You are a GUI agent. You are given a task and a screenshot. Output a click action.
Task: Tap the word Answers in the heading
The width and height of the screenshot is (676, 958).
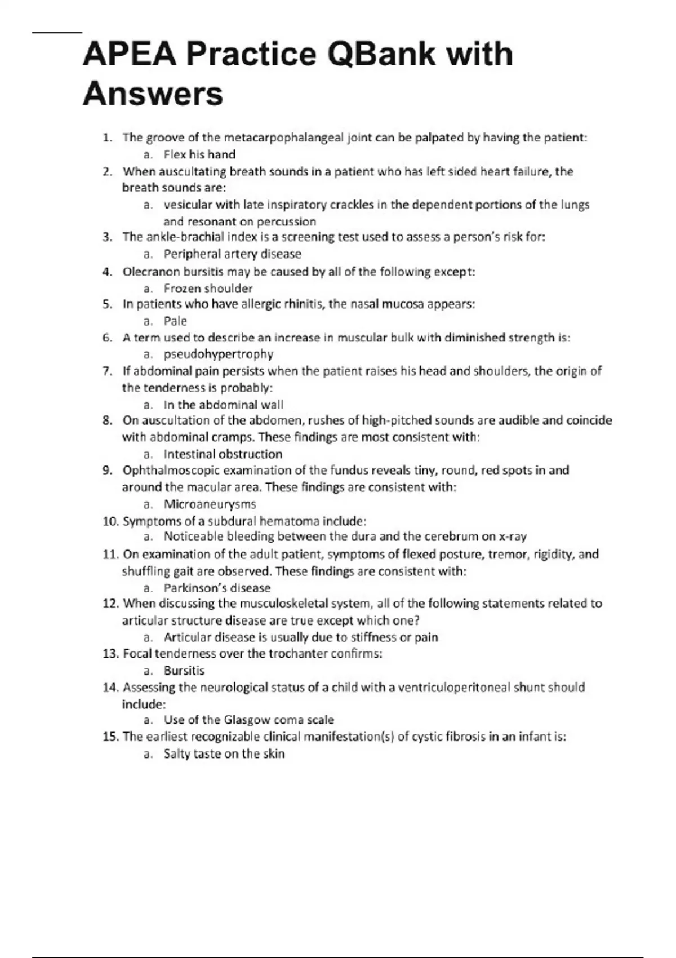[x=153, y=94]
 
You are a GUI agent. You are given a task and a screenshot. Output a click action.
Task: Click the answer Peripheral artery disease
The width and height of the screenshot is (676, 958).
[x=232, y=254]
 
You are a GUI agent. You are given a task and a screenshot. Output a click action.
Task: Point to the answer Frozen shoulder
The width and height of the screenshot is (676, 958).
[x=208, y=289]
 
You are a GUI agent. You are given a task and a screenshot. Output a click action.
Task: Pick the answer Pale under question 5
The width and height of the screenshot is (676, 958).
[x=175, y=321]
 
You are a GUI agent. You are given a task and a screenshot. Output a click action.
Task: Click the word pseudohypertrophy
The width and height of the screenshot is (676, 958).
[x=219, y=354]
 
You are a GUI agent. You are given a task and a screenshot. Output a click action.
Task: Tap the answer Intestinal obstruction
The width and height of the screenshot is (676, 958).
[x=223, y=454]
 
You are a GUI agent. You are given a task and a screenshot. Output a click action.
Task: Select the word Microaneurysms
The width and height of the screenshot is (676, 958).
[x=210, y=504]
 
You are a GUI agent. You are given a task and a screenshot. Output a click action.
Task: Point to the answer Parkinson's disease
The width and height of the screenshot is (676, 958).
[x=217, y=588]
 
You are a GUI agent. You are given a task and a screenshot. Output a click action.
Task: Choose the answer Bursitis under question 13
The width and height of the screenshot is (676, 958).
[x=184, y=671]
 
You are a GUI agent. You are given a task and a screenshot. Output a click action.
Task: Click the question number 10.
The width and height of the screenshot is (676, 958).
[x=110, y=521]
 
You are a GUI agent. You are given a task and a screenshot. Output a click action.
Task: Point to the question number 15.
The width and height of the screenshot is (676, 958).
[x=110, y=737]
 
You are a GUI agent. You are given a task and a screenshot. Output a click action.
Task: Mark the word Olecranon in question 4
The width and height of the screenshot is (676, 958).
[x=150, y=272]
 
